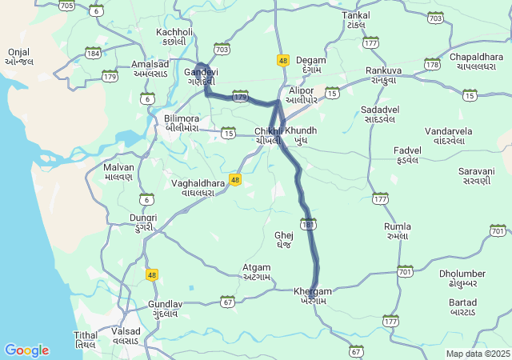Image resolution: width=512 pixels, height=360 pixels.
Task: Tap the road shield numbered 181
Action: coord(308,223)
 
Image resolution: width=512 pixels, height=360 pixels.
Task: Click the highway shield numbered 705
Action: coord(67,6)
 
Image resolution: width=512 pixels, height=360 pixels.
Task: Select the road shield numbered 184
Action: coord(94,53)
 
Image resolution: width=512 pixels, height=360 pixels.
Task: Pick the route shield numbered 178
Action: coord(432,64)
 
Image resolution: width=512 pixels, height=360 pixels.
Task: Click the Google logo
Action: coord(26,350)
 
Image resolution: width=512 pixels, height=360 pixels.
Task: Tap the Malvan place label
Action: coord(118,172)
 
